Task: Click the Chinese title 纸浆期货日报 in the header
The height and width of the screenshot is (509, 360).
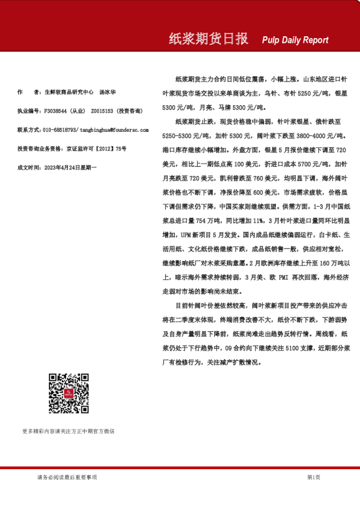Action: [208, 39]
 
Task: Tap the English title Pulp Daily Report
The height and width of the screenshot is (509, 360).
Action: [295, 40]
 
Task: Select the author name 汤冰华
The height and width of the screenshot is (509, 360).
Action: [108, 92]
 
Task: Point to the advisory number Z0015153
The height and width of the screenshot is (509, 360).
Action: [103, 111]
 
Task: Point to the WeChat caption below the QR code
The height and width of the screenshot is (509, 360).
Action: [68, 431]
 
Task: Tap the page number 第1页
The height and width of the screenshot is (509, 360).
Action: [313, 477]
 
